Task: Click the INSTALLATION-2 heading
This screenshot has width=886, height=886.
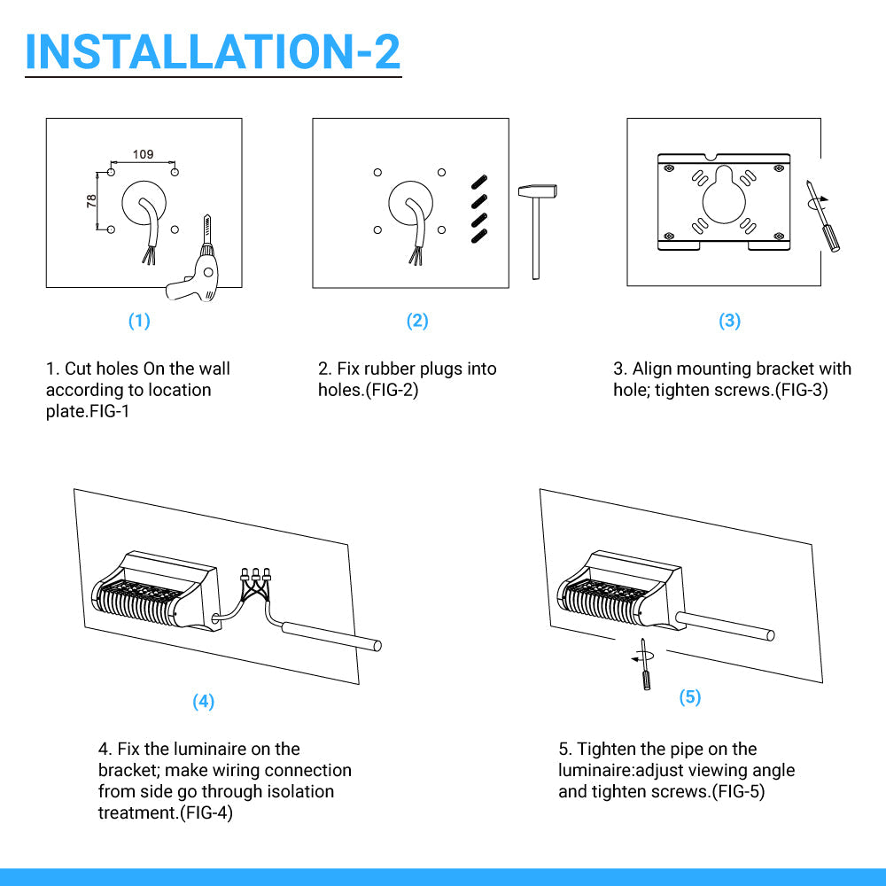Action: tap(213, 51)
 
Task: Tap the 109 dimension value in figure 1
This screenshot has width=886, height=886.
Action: tap(143, 154)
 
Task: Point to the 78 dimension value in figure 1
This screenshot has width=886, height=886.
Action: tap(91, 201)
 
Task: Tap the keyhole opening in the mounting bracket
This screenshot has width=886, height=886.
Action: tap(724, 197)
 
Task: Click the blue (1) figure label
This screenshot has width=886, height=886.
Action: tap(139, 321)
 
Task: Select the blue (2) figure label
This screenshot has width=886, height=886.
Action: tap(417, 321)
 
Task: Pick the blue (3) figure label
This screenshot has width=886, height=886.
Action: tap(729, 321)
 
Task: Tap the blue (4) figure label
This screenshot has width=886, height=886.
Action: tap(204, 701)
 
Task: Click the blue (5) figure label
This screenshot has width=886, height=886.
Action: tap(690, 696)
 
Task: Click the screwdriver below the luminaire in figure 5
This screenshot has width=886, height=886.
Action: tap(644, 664)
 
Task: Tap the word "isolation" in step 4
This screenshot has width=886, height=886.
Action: tap(300, 791)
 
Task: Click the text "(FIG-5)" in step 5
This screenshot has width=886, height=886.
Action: tap(737, 791)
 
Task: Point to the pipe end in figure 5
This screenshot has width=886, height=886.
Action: tap(770, 635)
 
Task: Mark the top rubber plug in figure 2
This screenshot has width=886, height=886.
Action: tap(479, 182)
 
